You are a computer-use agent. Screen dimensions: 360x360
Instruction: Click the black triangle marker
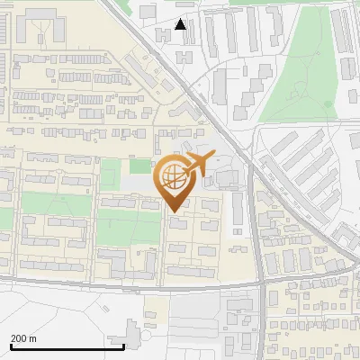pos(181,24)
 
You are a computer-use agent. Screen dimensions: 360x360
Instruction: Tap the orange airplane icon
pos(199,164)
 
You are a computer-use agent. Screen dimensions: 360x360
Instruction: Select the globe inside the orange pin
pos(173,178)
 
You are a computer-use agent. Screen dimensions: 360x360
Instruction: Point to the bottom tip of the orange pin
pos(173,211)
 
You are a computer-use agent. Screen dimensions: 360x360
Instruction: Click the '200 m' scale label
pos(23,338)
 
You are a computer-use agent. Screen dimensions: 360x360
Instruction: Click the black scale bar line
pos(67,346)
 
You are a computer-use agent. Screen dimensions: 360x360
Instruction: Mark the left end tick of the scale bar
pos(10,344)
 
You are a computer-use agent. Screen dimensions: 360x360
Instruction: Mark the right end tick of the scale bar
pos(123,344)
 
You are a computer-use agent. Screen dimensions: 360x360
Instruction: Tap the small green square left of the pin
pos(139,166)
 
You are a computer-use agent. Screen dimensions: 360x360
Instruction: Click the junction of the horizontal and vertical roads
pos(260,289)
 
